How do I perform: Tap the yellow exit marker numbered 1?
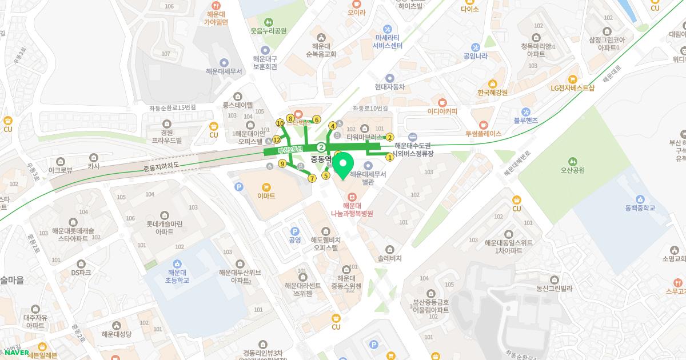(390, 157)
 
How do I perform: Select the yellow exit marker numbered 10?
(280, 123)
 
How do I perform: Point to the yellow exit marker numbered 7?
(312, 178)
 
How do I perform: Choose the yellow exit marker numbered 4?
(332, 126)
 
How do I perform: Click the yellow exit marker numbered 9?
(282, 164)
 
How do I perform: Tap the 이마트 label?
(266, 195)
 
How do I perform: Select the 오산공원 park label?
(572, 170)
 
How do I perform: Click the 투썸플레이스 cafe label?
(483, 133)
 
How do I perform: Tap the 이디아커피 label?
(442, 111)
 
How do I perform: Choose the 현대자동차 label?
(389, 87)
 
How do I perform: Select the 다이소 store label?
(469, 9)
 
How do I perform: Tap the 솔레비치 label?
(390, 258)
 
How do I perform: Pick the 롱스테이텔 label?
(238, 105)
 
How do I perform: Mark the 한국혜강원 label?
(492, 92)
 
